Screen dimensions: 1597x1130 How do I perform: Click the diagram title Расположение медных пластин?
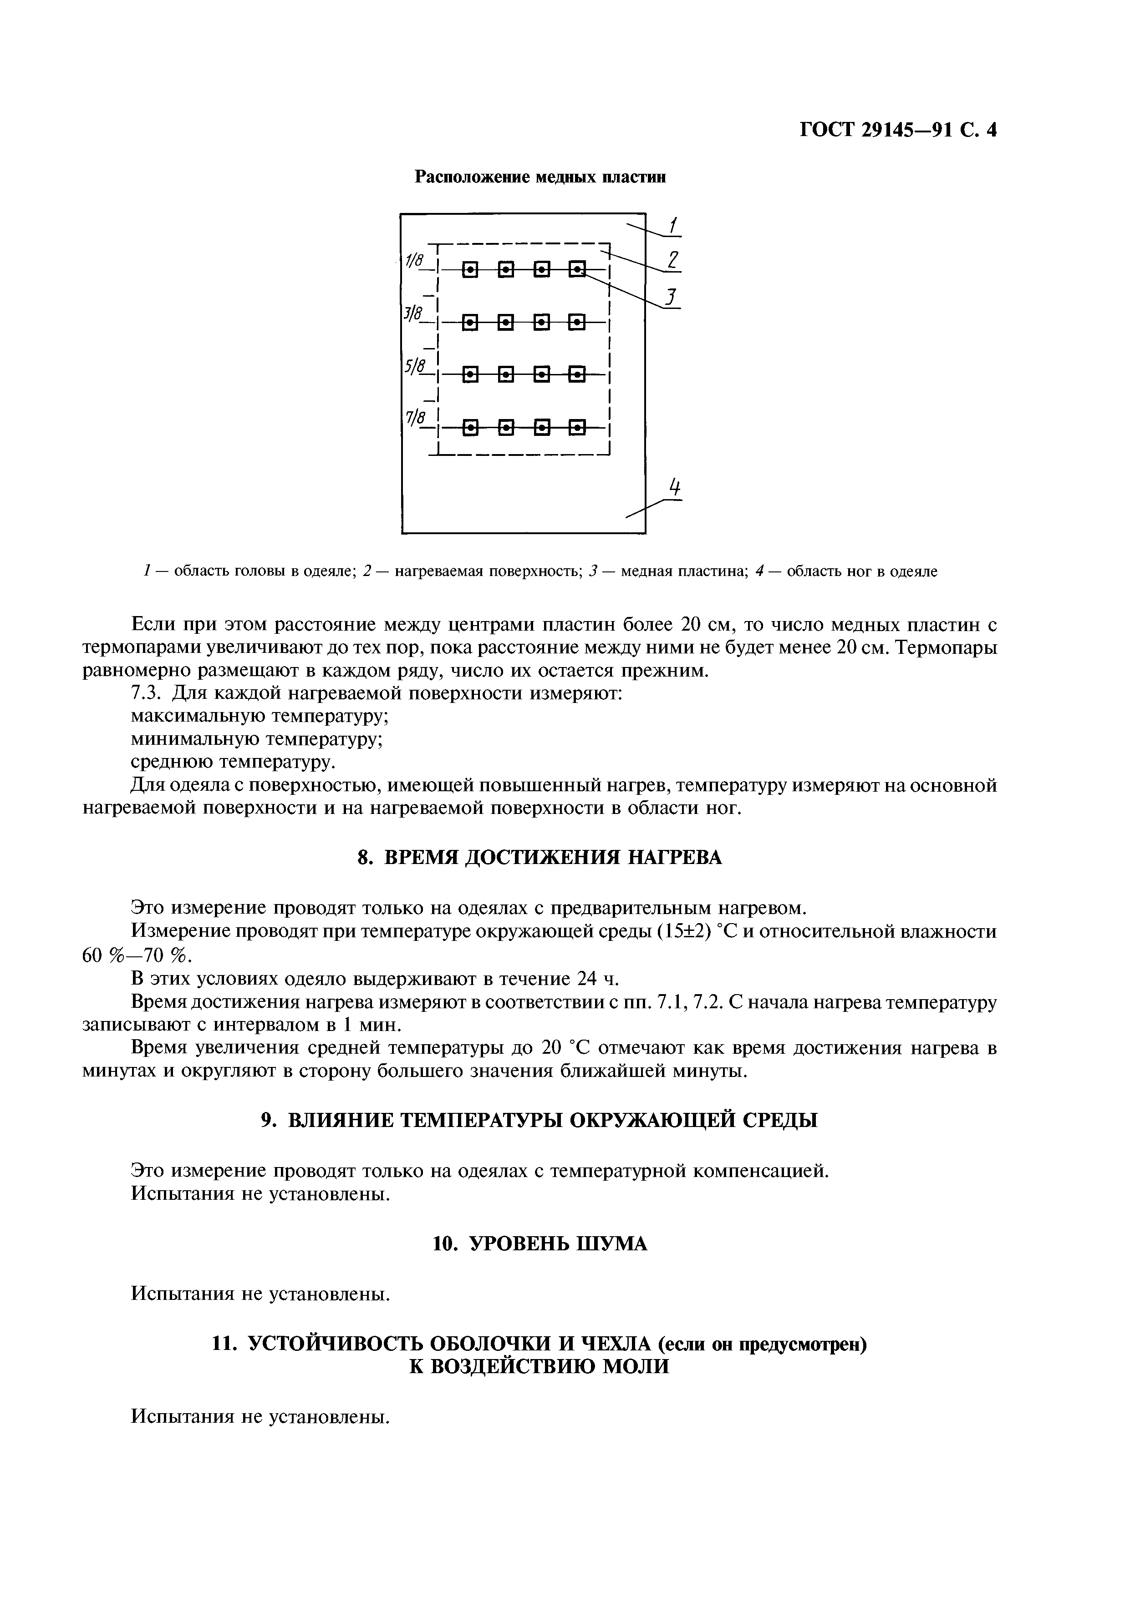[540, 177]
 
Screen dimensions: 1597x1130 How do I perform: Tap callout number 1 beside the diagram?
[672, 225]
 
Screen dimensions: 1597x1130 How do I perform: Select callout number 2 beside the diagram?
[672, 260]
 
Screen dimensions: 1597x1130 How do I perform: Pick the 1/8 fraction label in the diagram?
[415, 260]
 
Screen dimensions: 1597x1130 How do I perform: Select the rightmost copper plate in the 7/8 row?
[577, 426]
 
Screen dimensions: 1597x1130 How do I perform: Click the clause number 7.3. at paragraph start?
[146, 693]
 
